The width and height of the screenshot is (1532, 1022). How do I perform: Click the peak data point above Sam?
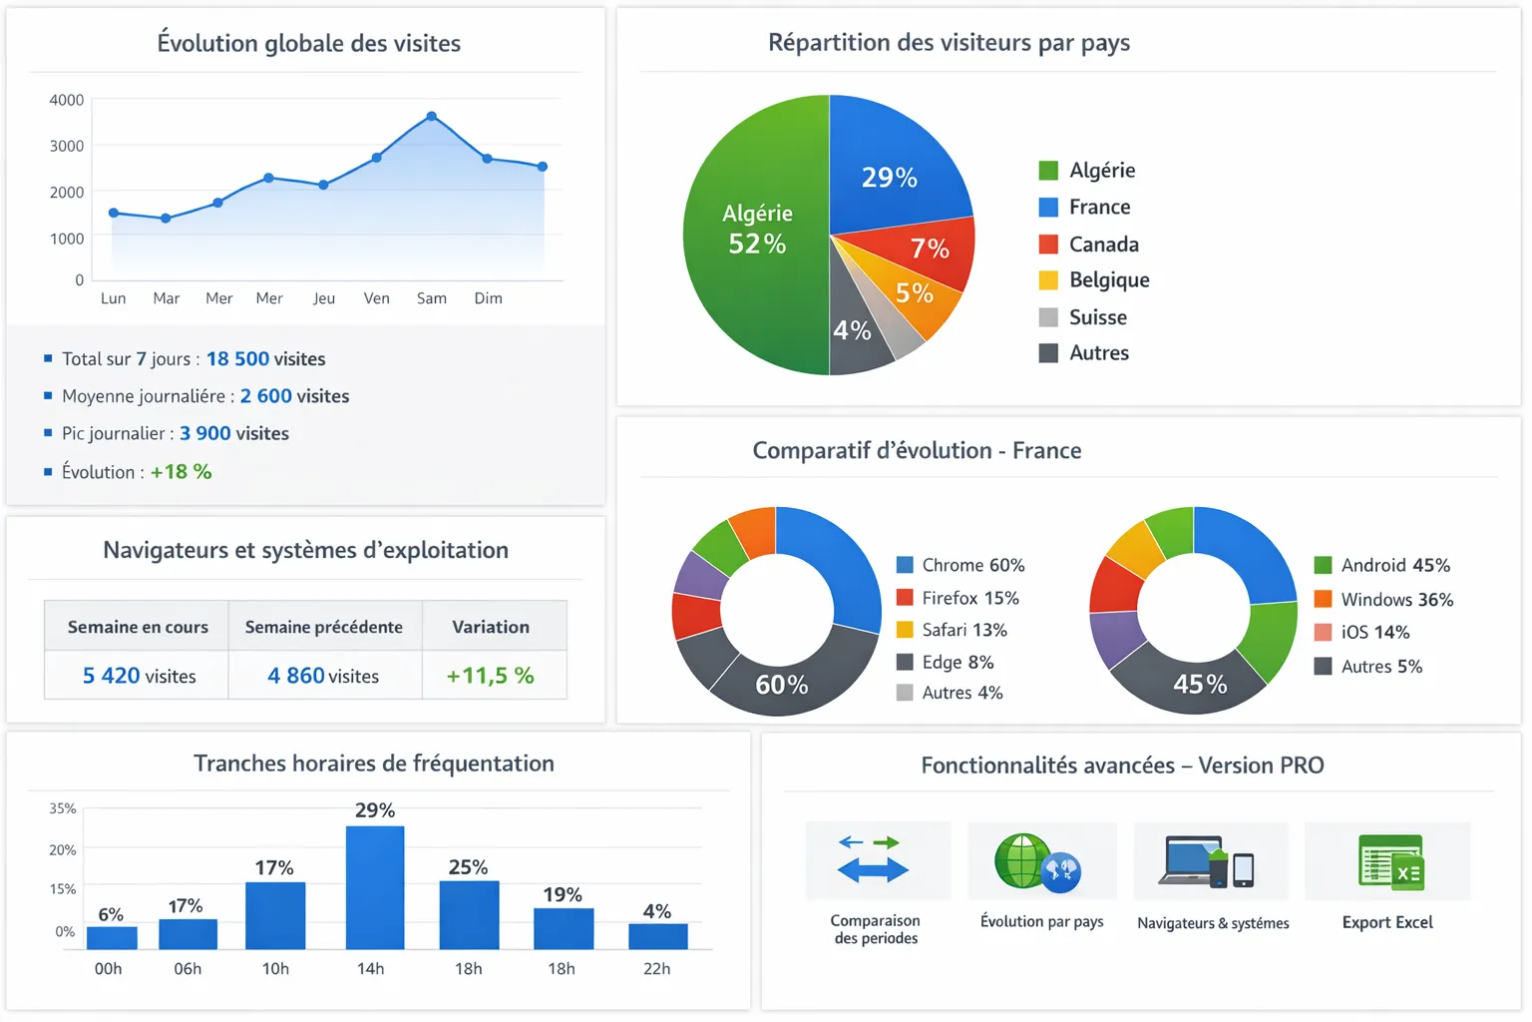point(431,117)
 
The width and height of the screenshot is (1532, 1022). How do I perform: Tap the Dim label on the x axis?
point(488,298)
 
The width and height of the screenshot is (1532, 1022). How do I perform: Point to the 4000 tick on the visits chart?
point(67,100)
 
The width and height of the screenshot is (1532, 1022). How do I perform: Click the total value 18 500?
point(237,359)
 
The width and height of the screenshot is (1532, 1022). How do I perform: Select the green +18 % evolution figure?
point(181,472)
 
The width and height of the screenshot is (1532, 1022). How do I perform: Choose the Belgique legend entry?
point(1094,280)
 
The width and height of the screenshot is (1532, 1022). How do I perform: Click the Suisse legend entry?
point(1083,317)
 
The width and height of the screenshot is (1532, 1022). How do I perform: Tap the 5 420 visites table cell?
point(139,676)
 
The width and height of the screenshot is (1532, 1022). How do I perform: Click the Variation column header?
point(491,627)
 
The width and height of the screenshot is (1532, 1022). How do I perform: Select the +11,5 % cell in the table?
point(491,676)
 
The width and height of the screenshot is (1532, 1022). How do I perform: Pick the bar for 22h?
point(657,936)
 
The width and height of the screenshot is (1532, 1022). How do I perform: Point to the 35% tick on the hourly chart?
point(63,808)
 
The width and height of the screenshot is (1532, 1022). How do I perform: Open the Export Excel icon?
point(1390,863)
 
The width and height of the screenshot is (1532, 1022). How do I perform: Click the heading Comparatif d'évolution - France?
point(917,451)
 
